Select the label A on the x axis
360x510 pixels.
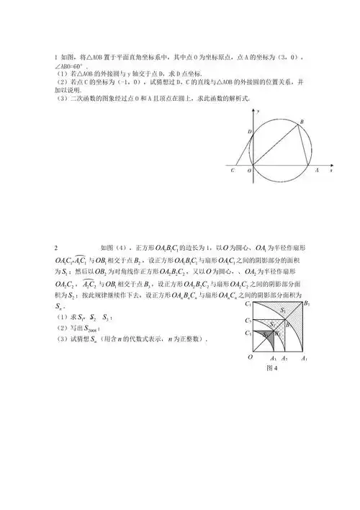pos(317,171)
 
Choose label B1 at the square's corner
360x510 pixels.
pos(307,303)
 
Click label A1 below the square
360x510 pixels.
pos(304,358)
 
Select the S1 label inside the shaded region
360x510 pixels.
pos(283,310)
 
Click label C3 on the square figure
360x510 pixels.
pos(247,334)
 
